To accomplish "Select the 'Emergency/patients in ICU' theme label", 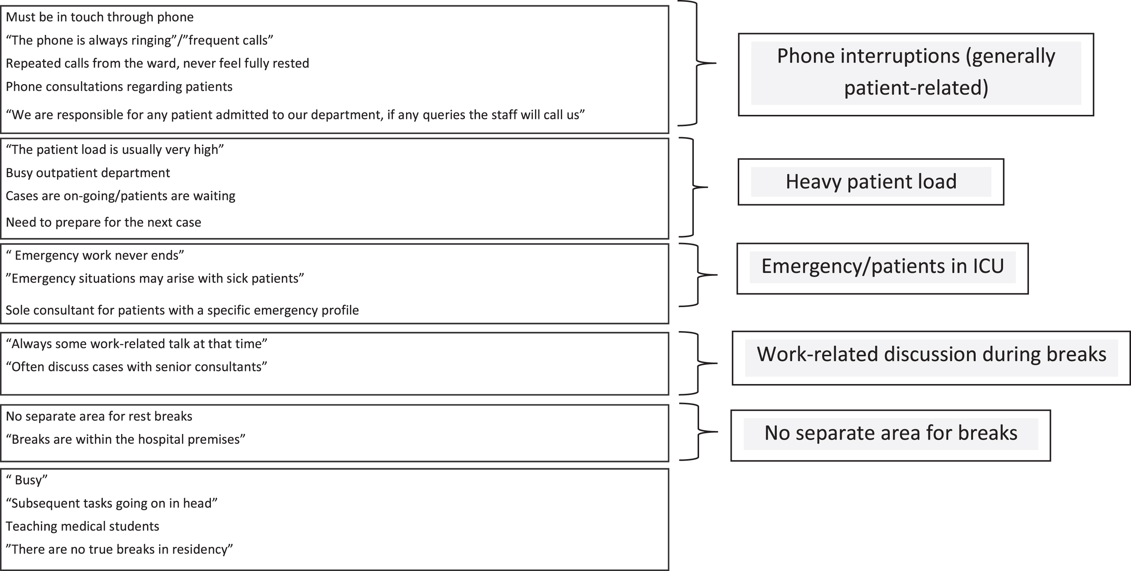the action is pos(883,266).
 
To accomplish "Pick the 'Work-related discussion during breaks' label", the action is pos(931,354).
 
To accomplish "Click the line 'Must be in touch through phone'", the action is pos(100,17).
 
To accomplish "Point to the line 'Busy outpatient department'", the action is pos(88,173).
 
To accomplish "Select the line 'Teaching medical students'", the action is pos(83,526).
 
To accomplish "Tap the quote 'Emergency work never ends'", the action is pos(95,255).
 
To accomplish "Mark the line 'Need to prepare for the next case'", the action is pos(104,222).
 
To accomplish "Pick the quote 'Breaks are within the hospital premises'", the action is pos(125,439).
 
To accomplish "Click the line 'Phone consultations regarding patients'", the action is pos(119,86).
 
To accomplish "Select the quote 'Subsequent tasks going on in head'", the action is pos(111,503).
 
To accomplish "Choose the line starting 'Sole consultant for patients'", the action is pos(182,310).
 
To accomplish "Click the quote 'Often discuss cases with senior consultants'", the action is pos(136,367).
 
